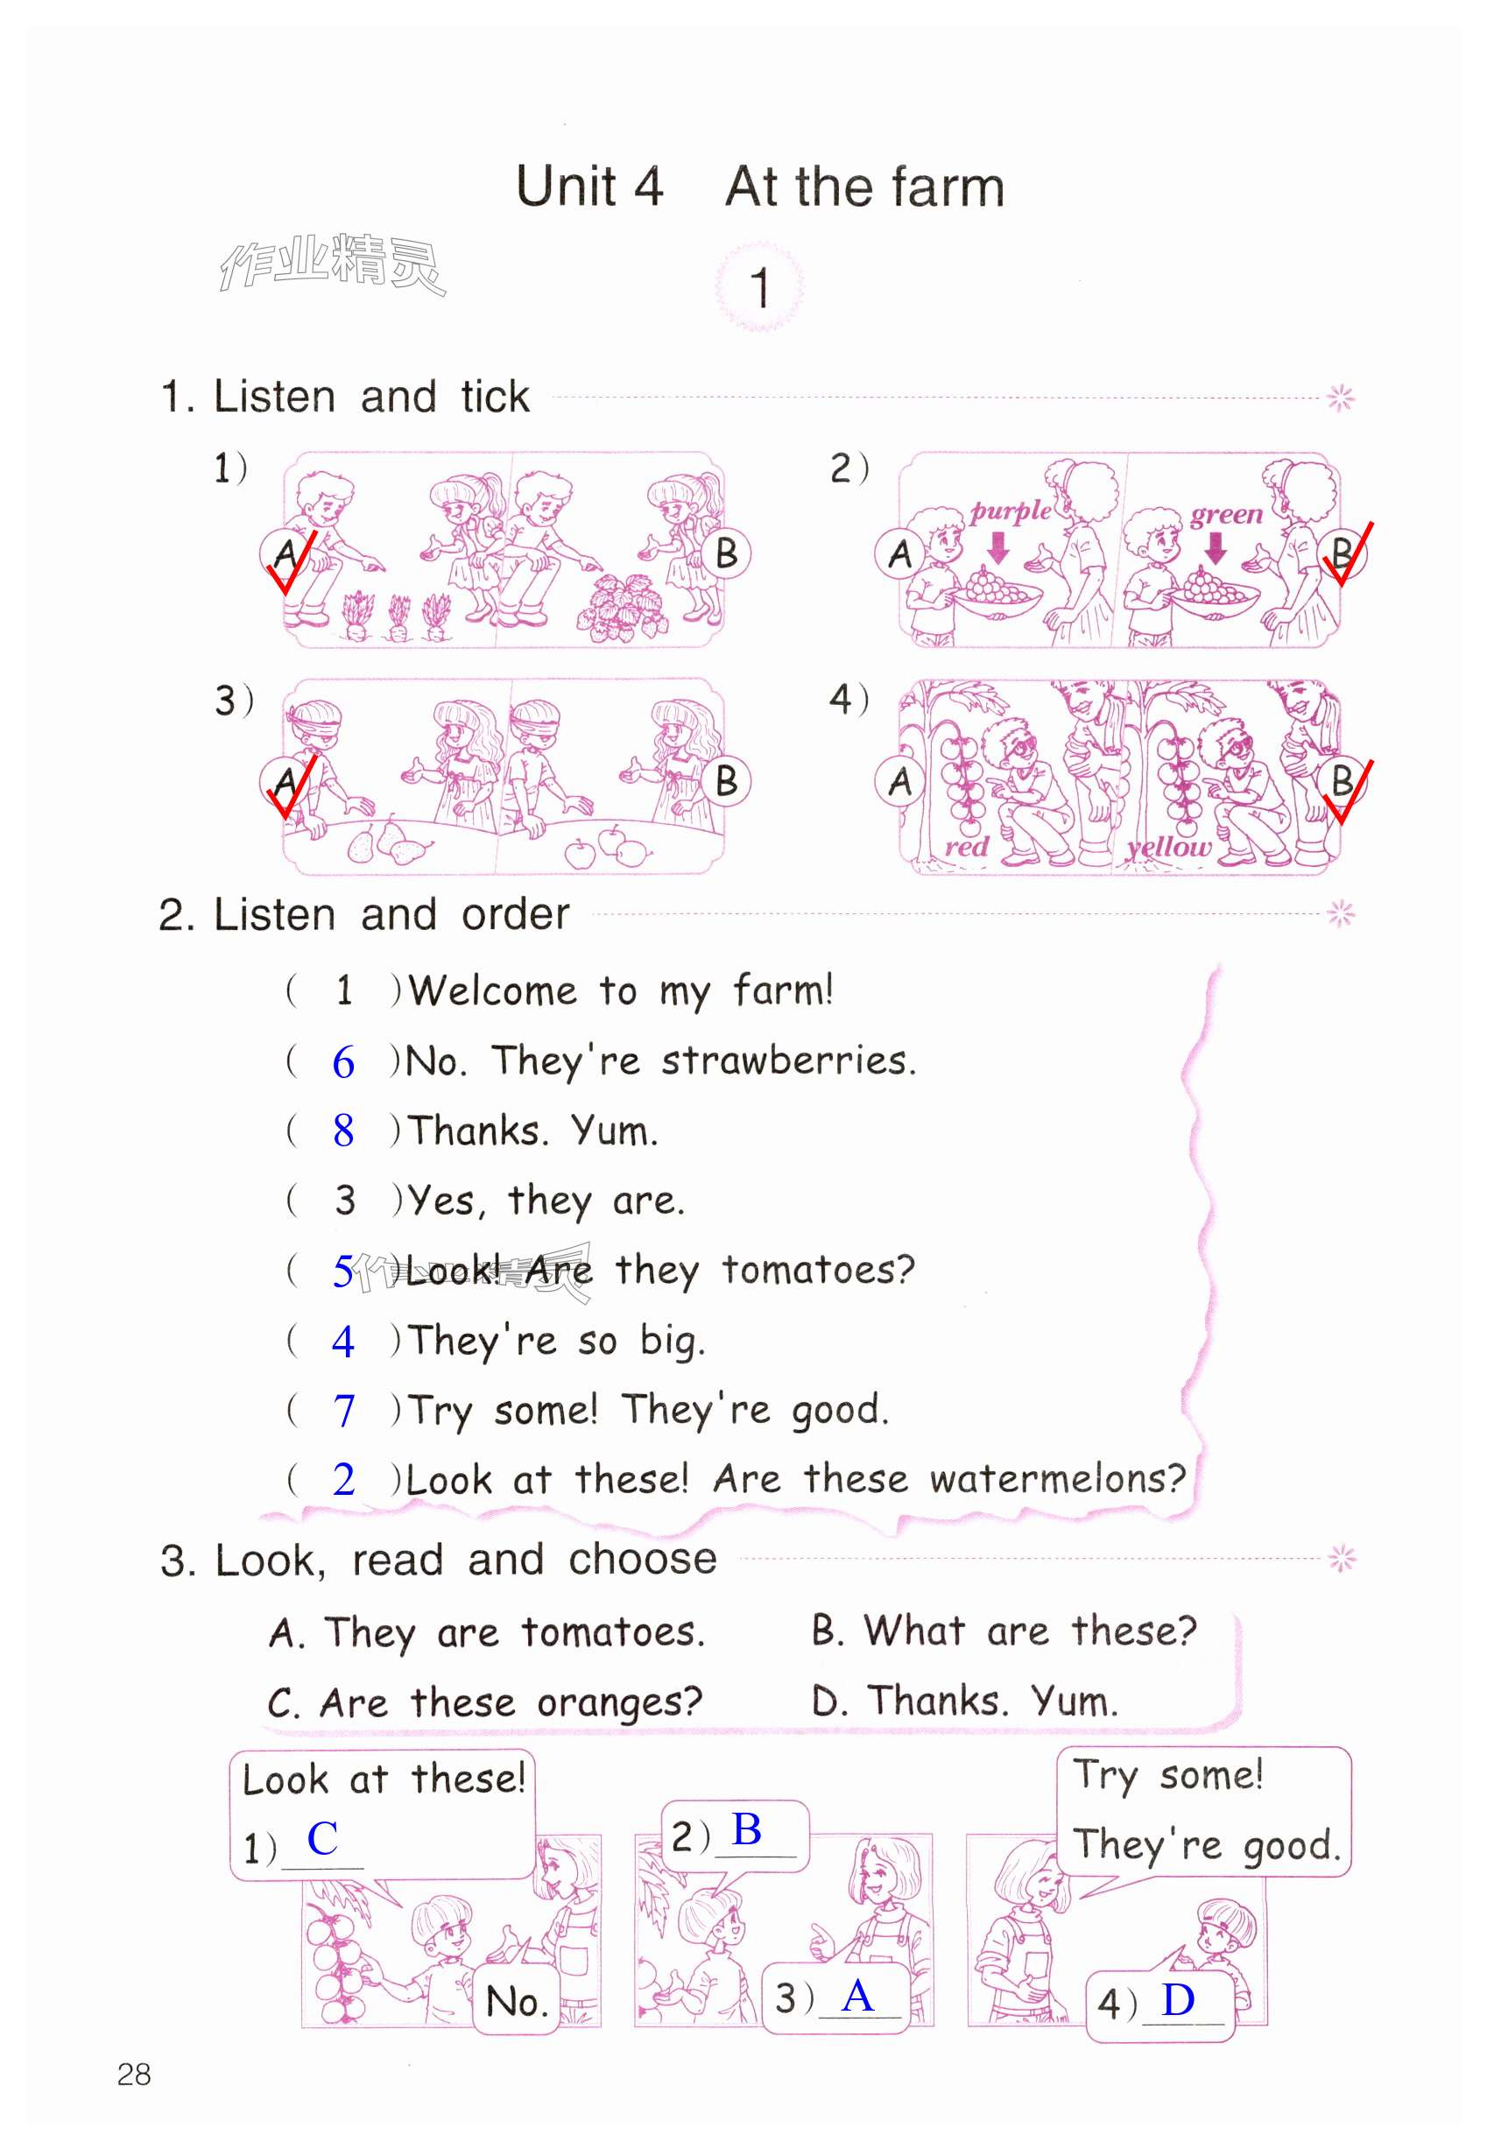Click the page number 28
134,2074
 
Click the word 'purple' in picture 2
1011,511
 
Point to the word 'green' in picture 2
1226,515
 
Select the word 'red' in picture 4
965,846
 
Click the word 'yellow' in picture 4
1169,848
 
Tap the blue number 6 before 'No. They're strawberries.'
344,1062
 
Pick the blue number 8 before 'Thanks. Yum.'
344,1130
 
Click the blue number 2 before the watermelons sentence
344,1479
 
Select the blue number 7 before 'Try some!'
344,1409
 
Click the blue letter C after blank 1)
322,1838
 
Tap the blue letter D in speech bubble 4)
1178,1999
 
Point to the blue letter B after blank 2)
746,1828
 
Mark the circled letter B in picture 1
726,553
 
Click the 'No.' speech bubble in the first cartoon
517,1999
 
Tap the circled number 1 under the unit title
759,287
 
